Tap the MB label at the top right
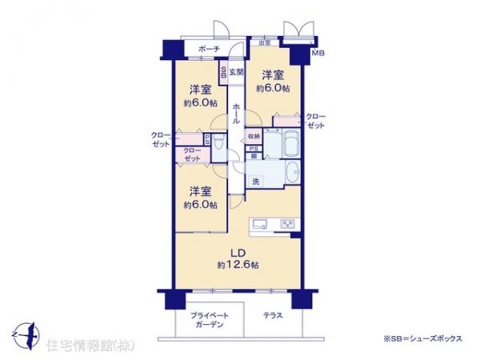click(x=318, y=54)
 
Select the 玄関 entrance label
click(x=236, y=73)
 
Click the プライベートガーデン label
click(x=207, y=321)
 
